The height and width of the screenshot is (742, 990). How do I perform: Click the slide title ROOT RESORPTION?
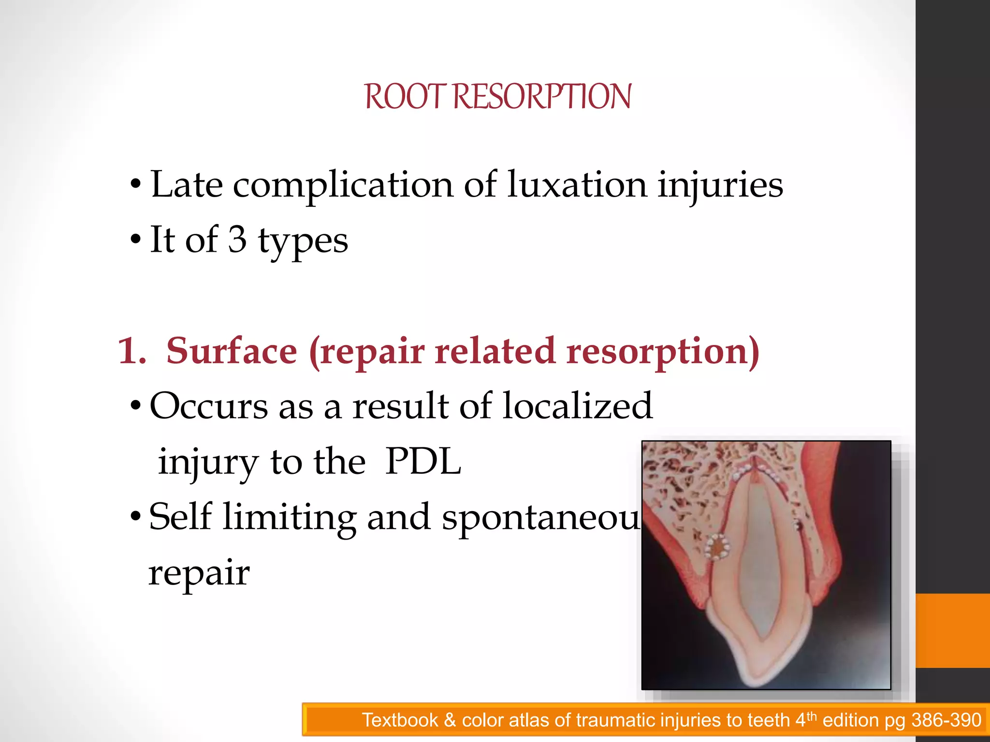(497, 97)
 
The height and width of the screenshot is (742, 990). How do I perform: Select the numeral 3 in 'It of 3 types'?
(237, 240)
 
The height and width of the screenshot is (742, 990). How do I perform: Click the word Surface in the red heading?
(232, 351)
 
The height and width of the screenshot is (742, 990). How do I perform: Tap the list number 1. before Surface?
(131, 351)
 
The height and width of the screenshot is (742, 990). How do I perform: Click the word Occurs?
(208, 406)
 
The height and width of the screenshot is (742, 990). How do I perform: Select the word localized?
(578, 406)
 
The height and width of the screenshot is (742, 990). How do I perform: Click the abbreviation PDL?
(423, 462)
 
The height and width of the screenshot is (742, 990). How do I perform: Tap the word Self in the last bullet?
(180, 517)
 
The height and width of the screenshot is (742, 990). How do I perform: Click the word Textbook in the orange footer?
(400, 720)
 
